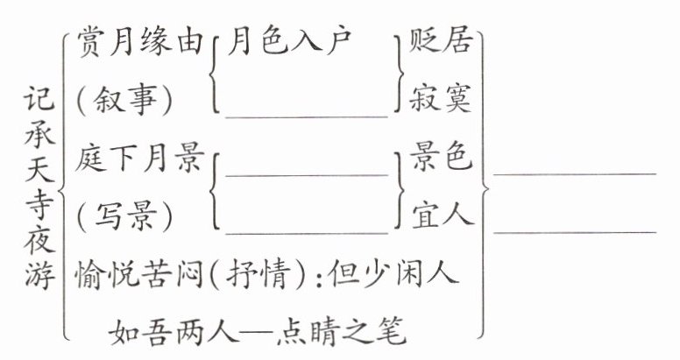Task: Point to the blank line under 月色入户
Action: pos(306,115)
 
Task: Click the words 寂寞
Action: pos(442,99)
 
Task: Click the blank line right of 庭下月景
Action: pos(306,174)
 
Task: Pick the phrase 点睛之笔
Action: pos(354,330)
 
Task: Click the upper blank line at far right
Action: pos(574,173)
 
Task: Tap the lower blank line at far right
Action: pos(574,231)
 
